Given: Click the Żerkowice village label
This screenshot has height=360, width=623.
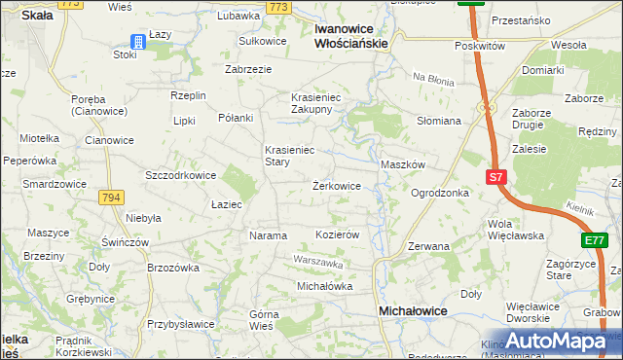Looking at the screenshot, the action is pos(337,185).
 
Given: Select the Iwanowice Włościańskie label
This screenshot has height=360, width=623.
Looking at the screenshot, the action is pos(351,36).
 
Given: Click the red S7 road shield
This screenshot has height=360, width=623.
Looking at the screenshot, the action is pos(495,177).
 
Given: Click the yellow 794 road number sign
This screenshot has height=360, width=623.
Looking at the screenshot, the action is pos(111,198).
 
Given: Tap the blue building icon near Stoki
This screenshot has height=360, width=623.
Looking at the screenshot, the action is pos(138,42).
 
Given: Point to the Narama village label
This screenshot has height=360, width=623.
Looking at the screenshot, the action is pos(268,235).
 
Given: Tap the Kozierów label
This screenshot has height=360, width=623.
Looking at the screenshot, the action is pos(339,235).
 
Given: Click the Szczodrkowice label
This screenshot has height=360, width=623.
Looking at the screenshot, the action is pos(180,175).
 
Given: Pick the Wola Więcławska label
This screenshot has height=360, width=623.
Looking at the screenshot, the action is pos(516,229).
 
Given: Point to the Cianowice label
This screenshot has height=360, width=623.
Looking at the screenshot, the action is pos(109,140).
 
